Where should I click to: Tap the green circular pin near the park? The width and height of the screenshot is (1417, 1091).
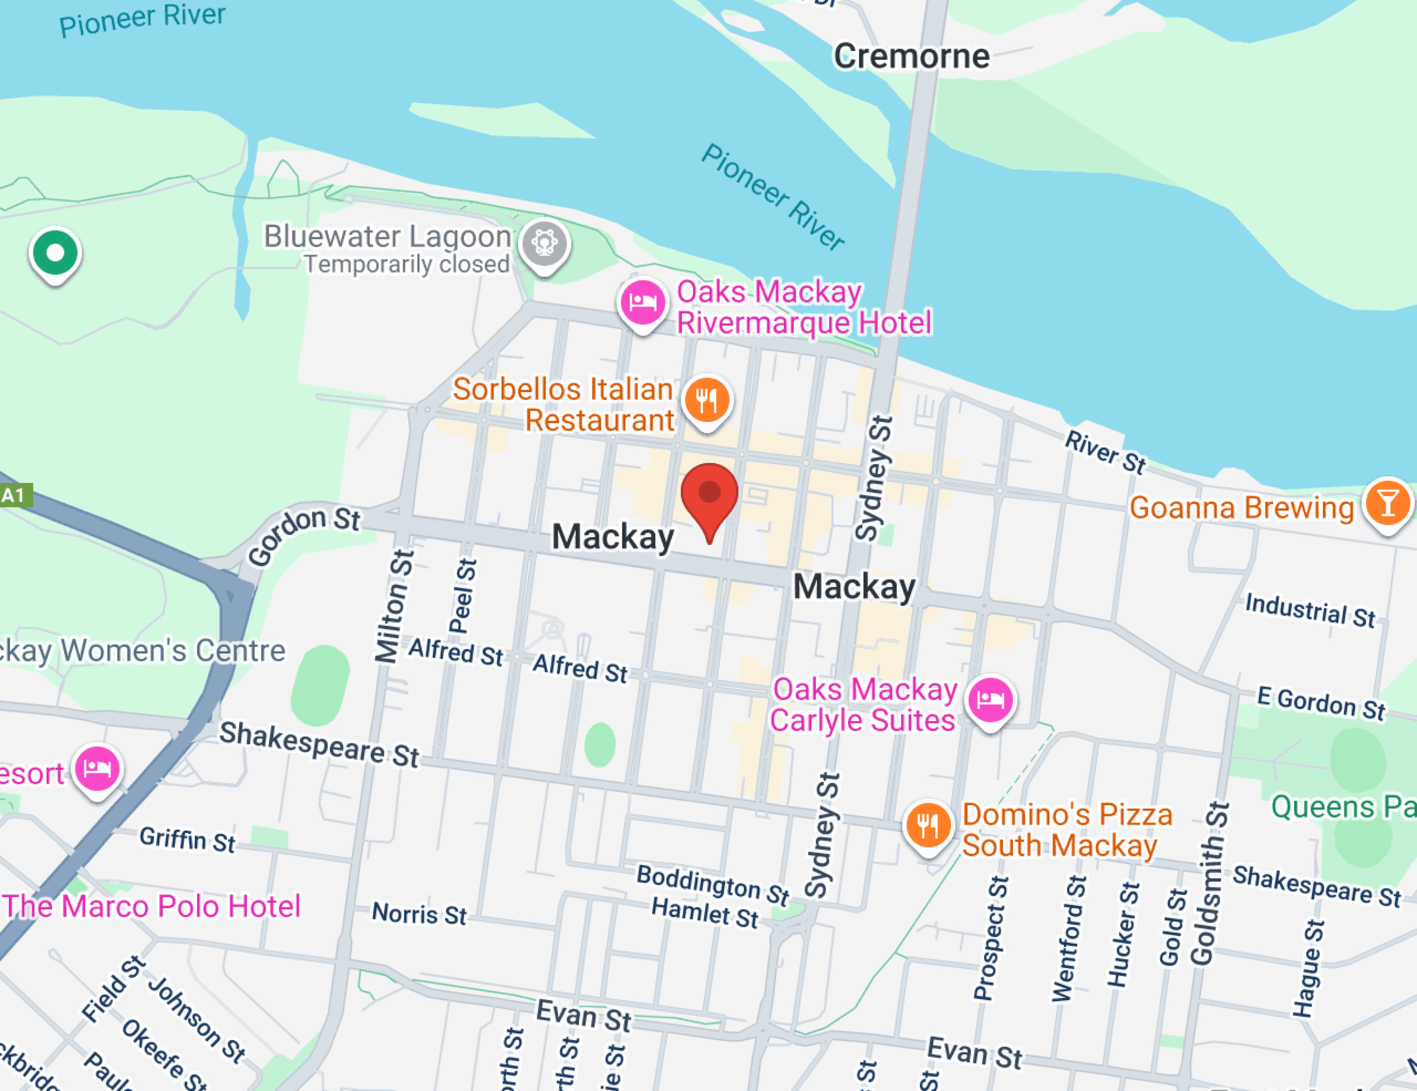[x=55, y=253]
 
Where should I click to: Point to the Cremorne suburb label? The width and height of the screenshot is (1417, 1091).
[x=911, y=56]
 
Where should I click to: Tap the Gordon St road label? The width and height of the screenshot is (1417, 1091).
[x=303, y=535]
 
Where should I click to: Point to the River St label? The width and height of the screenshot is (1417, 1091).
[x=1105, y=452]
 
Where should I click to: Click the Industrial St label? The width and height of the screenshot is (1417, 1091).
[x=1309, y=610]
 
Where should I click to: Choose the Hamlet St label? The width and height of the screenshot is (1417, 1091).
[x=704, y=913]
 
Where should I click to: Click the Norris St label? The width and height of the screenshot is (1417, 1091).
[x=419, y=914]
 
